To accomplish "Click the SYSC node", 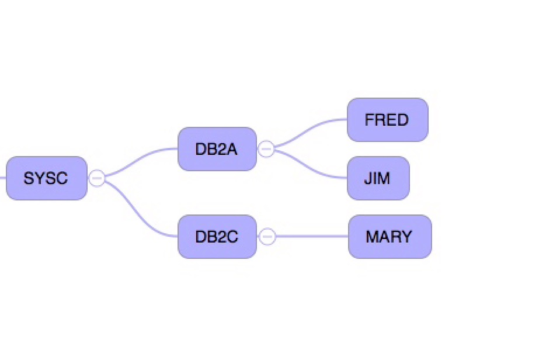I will tap(46, 178).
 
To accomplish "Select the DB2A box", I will tap(217, 149).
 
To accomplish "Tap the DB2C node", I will tap(217, 237).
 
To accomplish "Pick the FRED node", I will tap(387, 120).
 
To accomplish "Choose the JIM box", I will tap(378, 178).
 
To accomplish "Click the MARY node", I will tap(389, 237).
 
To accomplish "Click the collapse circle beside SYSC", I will tap(97, 178).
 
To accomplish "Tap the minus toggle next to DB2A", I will tap(266, 149).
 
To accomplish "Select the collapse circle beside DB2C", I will tap(267, 237).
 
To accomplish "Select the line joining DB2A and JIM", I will tap(309, 169).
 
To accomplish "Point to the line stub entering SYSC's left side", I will tap(2, 178).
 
